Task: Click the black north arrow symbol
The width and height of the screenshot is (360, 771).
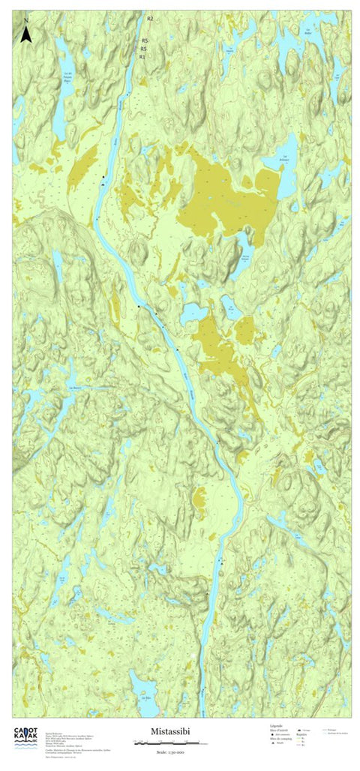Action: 25,34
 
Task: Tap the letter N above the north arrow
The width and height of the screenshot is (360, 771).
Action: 26,19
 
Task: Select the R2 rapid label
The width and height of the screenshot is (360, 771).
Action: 150,18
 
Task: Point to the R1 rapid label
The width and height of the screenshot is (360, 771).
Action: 142,56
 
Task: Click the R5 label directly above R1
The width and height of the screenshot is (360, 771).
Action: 143,49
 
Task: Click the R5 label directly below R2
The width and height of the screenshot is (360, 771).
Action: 145,39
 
